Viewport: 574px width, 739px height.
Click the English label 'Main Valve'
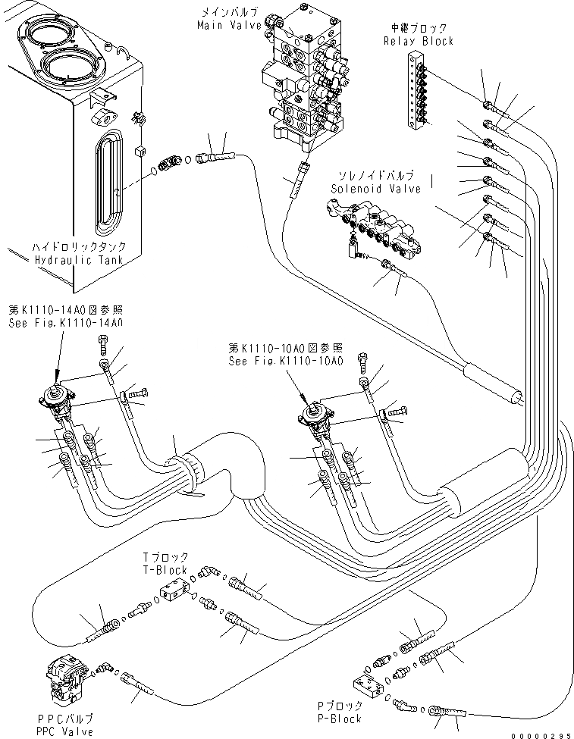[x=229, y=25]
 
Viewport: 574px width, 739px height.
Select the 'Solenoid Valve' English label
[x=376, y=189]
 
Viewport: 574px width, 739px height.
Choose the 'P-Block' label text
[x=339, y=718]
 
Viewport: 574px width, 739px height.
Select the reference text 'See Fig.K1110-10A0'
[x=287, y=361]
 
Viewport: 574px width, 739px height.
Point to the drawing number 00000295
[x=544, y=734]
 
